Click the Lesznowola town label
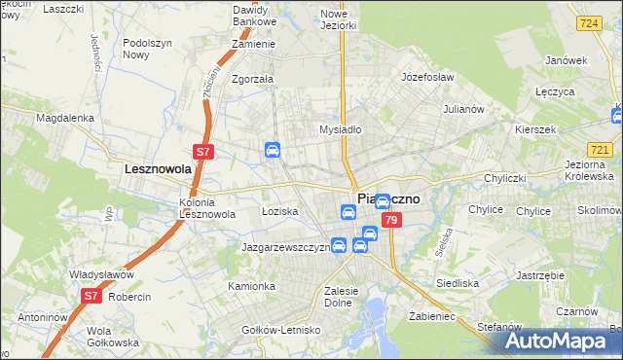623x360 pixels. pyautogui.click(x=157, y=168)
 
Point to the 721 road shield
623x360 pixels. pyautogui.click(x=601, y=149)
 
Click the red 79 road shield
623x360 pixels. pyautogui.click(x=390, y=221)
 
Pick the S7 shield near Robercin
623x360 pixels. pyautogui.click(x=92, y=295)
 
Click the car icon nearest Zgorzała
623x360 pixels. pyautogui.click(x=274, y=150)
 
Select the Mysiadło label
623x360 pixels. pyautogui.click(x=341, y=128)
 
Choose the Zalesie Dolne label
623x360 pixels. pyautogui.click(x=349, y=295)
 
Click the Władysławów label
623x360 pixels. pyautogui.click(x=106, y=274)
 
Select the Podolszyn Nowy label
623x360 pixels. pyautogui.click(x=148, y=49)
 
